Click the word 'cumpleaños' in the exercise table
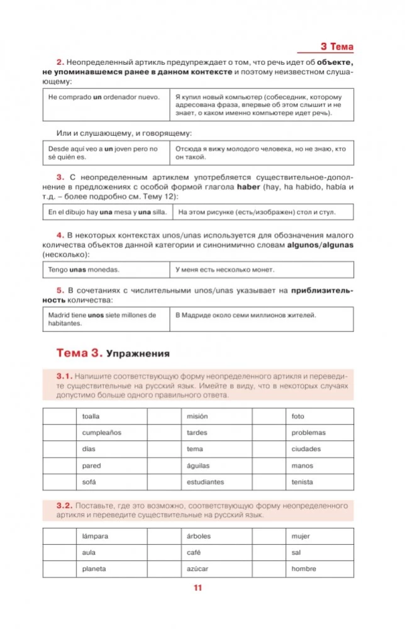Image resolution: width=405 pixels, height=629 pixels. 101,433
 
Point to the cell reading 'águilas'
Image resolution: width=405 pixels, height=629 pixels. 198,466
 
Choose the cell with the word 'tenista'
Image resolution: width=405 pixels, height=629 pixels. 302,482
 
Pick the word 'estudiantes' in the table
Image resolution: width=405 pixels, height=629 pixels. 206,482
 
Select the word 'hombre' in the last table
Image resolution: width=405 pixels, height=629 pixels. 304,569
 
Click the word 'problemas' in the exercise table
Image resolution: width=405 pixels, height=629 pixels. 308,433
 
